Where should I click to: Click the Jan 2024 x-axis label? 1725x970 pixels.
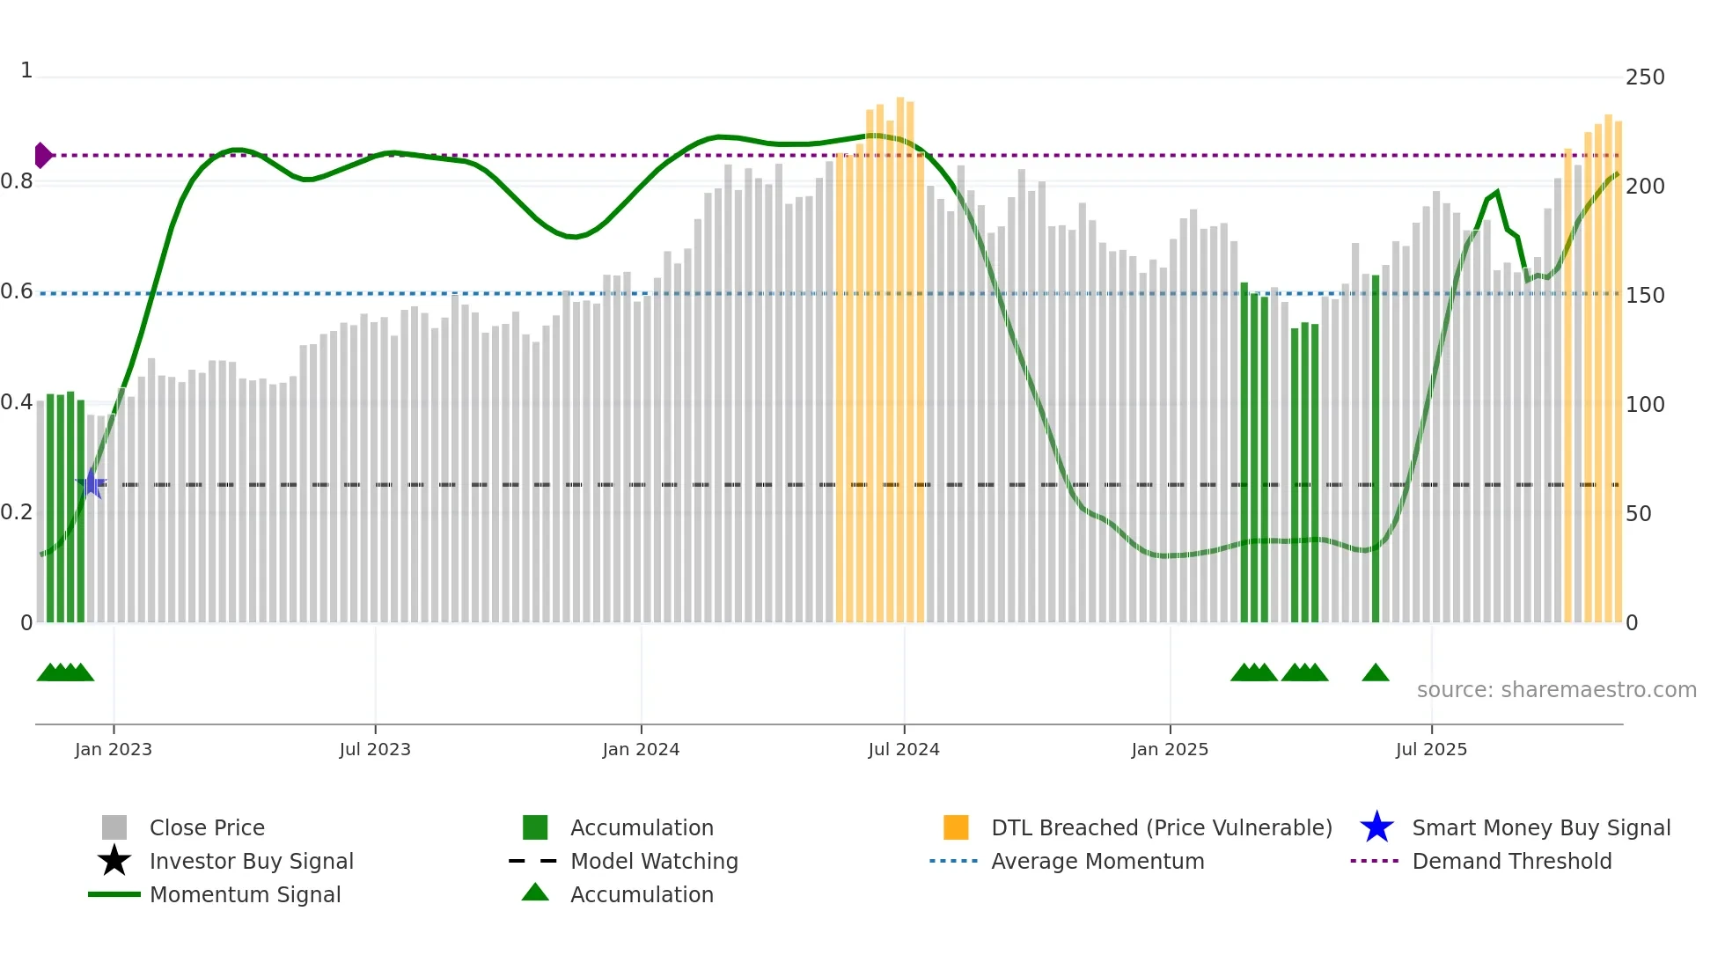(x=641, y=749)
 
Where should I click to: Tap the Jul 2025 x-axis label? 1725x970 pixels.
(x=1431, y=749)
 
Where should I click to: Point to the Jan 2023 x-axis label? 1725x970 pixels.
(x=114, y=749)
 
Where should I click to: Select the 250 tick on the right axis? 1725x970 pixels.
(x=1644, y=77)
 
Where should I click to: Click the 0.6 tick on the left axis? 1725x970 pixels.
(x=17, y=291)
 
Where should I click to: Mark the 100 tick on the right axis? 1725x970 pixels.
(x=1644, y=405)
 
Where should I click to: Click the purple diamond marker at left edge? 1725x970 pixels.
(x=42, y=155)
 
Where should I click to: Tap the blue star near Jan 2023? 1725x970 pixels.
(x=91, y=483)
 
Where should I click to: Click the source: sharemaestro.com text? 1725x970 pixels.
(x=1556, y=690)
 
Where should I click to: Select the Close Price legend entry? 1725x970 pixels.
(x=207, y=827)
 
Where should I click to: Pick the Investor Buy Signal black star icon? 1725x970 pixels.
(x=114, y=861)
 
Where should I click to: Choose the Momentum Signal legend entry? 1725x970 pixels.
(x=245, y=894)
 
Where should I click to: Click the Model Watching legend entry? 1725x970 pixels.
(x=653, y=861)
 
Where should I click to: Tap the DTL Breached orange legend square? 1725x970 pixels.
(x=956, y=827)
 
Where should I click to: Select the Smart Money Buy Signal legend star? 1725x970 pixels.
(x=1376, y=827)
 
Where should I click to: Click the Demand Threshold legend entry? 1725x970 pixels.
(x=1511, y=861)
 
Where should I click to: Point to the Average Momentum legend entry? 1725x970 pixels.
(x=1097, y=861)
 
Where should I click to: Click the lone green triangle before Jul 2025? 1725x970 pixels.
(x=1375, y=673)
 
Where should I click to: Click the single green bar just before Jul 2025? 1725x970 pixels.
(x=1375, y=449)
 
